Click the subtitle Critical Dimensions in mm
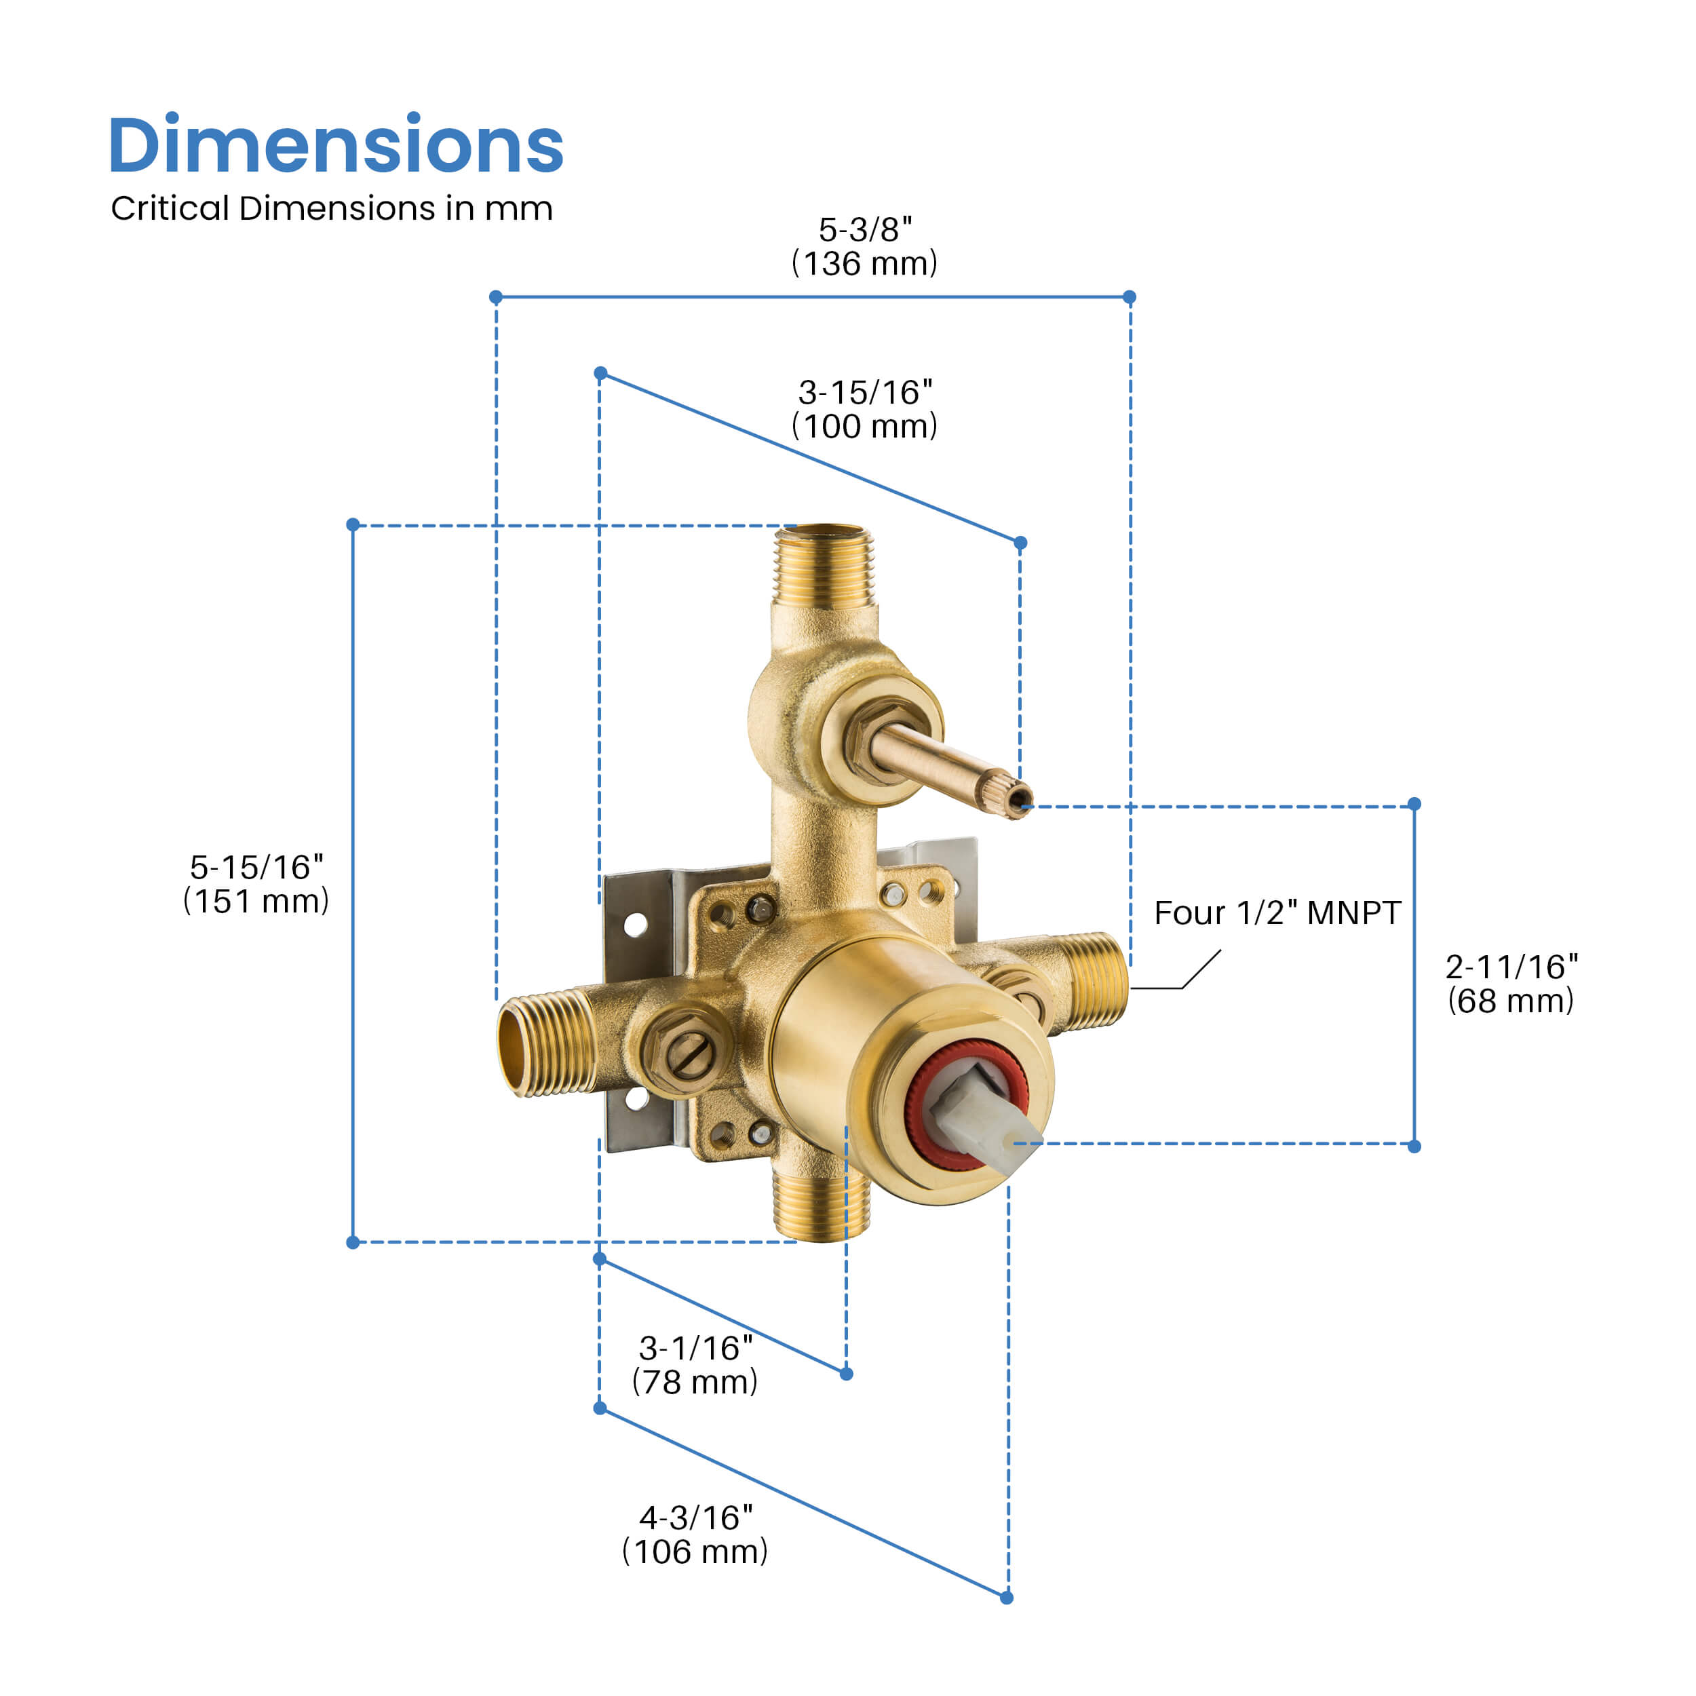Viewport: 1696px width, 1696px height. tap(331, 209)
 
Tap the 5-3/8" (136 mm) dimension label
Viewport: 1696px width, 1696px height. tap(865, 247)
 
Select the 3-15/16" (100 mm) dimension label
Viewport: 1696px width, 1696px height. tap(865, 409)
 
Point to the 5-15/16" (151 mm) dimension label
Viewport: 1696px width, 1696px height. tap(256, 884)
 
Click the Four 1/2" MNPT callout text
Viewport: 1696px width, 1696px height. tap(1277, 913)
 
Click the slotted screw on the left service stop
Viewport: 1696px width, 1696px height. tap(687, 1049)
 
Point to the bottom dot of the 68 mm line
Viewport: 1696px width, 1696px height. tap(1414, 1146)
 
